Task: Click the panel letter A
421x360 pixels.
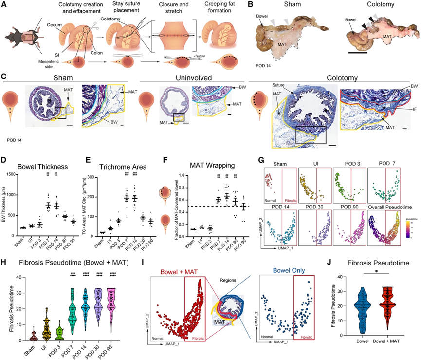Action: pyautogui.click(x=4, y=5)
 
